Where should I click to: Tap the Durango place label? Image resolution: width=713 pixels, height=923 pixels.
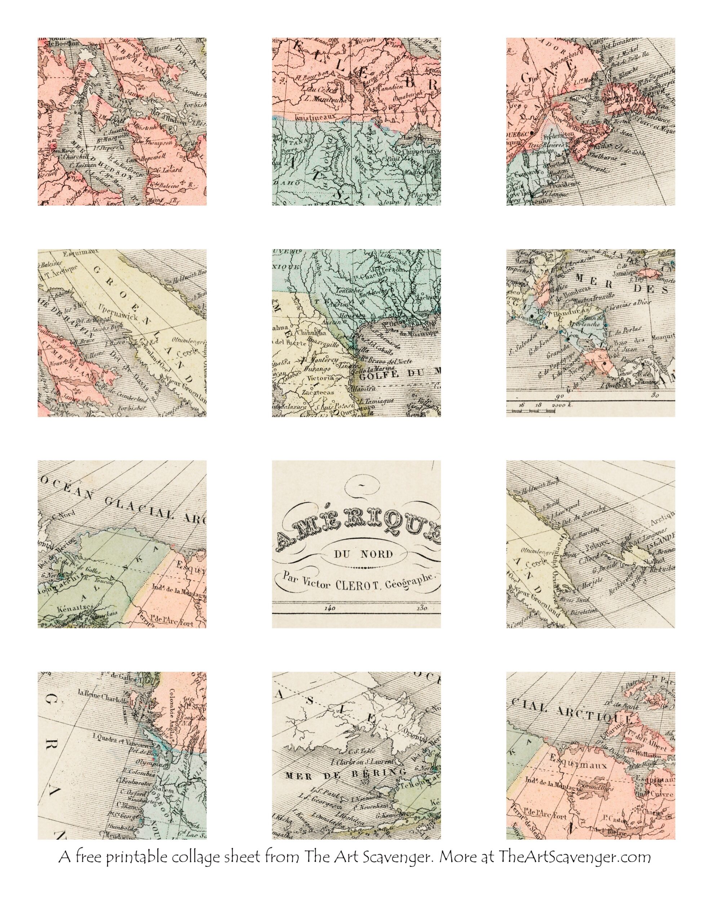(x=314, y=369)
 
